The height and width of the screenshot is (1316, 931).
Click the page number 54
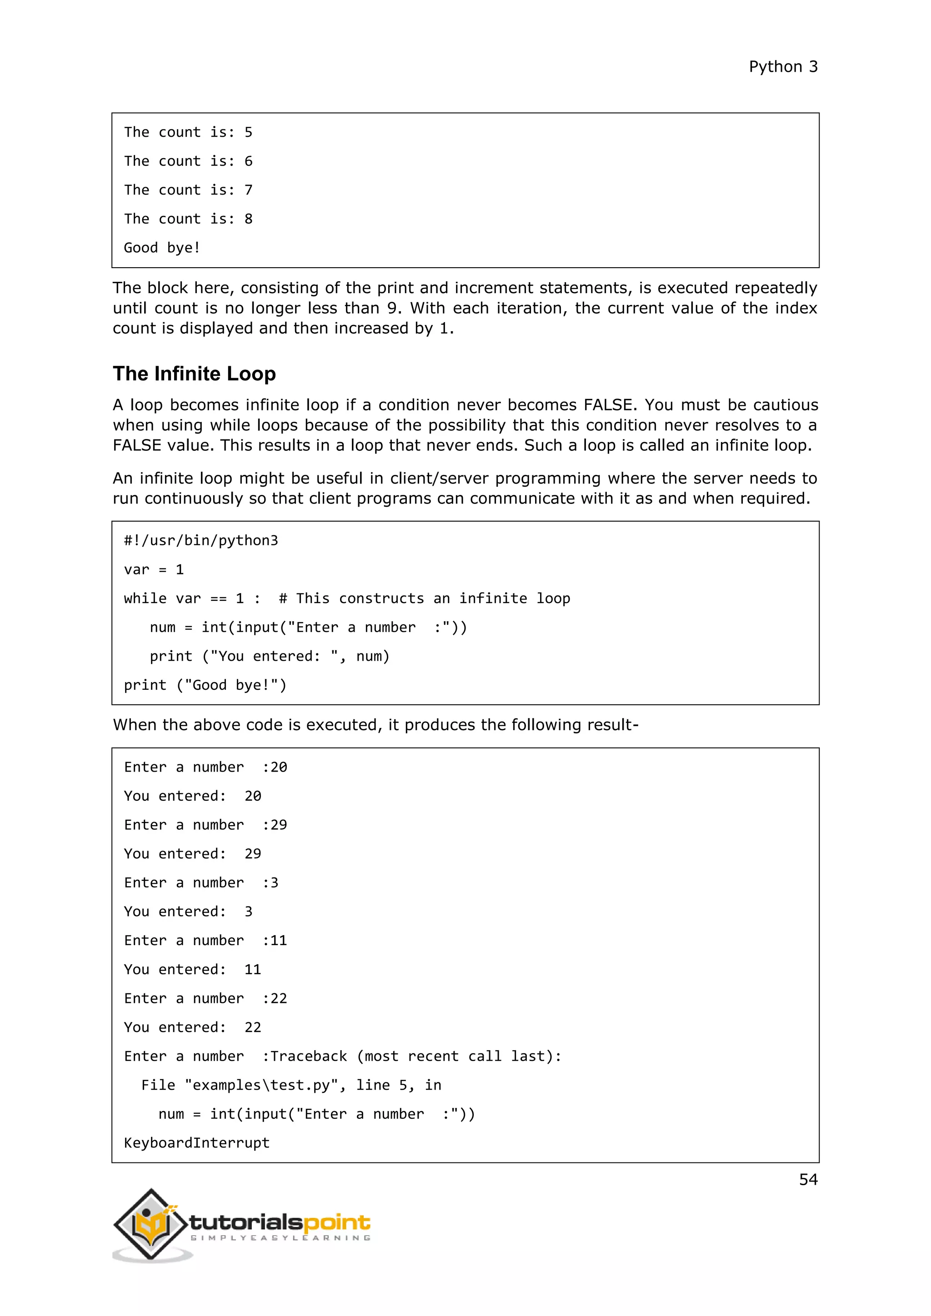[x=808, y=1179]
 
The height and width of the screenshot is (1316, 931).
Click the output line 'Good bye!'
[x=162, y=248]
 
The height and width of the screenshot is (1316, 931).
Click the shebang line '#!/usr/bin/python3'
[x=200, y=540]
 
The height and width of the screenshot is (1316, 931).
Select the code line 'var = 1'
[x=154, y=570]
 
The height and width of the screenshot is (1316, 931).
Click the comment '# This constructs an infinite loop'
[x=424, y=598]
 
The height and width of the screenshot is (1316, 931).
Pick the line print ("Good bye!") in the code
[x=205, y=685]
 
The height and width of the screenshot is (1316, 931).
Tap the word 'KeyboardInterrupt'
[x=197, y=1143]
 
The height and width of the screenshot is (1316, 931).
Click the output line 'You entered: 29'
[x=192, y=853]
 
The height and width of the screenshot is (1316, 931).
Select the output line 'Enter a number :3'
[x=200, y=882]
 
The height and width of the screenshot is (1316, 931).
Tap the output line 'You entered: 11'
[x=192, y=969]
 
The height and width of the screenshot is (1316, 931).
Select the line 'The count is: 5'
[x=188, y=132]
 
